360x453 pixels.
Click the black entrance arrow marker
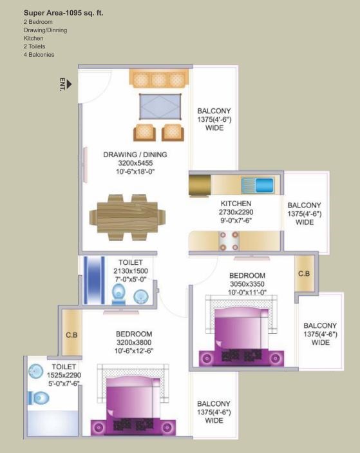click(x=69, y=84)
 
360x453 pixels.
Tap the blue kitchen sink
click(x=264, y=185)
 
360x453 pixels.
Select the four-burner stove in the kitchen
click(x=229, y=241)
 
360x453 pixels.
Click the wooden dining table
click(x=128, y=217)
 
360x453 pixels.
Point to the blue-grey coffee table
click(x=160, y=106)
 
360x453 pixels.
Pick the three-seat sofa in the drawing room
click(x=159, y=79)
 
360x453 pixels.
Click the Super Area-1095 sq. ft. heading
click(x=64, y=13)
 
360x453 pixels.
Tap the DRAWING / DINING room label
click(x=135, y=155)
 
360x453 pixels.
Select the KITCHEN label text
click(x=236, y=204)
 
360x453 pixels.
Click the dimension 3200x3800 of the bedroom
click(x=134, y=342)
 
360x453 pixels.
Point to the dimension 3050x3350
click(x=247, y=284)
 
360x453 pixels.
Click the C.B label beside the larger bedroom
click(x=71, y=335)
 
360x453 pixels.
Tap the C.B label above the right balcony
click(x=304, y=273)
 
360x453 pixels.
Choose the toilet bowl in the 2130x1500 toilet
click(x=118, y=294)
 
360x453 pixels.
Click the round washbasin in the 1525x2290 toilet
click(x=36, y=371)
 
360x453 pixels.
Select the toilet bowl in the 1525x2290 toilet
click(x=39, y=398)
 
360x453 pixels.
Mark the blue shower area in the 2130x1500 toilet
click(x=94, y=280)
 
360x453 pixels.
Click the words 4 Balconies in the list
click(x=39, y=55)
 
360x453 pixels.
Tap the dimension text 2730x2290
click(x=236, y=212)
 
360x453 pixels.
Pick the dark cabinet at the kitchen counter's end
click(x=200, y=185)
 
